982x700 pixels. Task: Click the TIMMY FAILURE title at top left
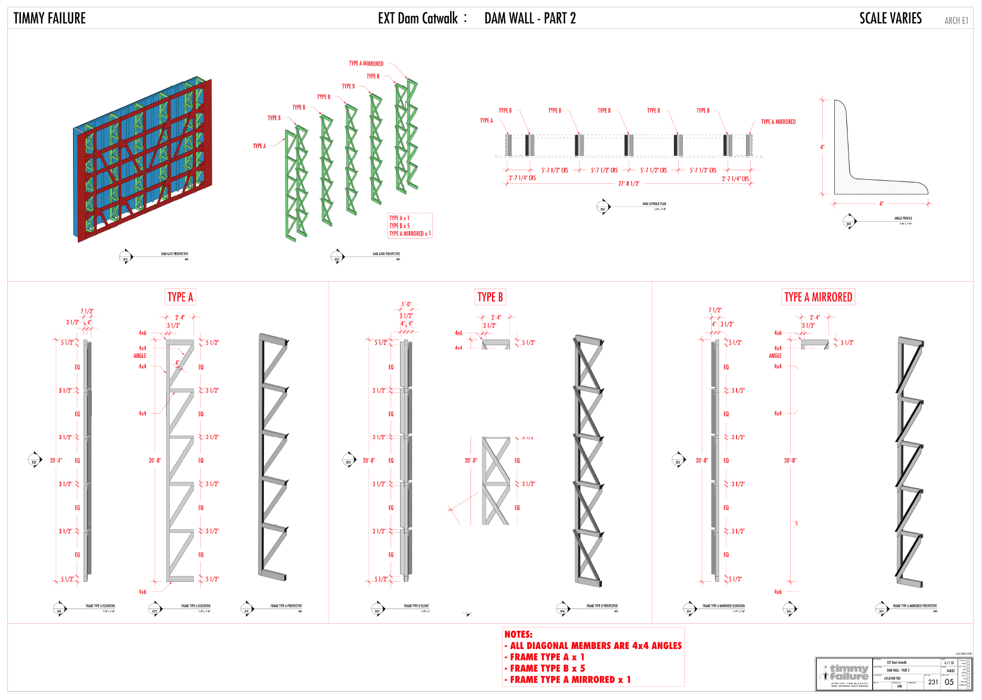click(49, 18)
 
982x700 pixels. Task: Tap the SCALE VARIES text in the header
click(890, 18)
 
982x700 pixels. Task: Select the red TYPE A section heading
click(180, 297)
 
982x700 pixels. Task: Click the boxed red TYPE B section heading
click(490, 297)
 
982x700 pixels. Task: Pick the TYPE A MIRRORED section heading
click(818, 297)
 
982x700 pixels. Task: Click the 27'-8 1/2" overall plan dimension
click(629, 184)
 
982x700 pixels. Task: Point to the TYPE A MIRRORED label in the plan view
click(778, 122)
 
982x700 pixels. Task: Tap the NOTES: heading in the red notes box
click(518, 634)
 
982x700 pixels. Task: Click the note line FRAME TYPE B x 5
click(547, 668)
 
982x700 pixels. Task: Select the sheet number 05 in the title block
click(949, 682)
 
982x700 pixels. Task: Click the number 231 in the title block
click(933, 682)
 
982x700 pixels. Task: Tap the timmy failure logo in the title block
click(845, 673)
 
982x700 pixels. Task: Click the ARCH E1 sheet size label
click(956, 20)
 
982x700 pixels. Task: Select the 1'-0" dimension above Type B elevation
click(406, 304)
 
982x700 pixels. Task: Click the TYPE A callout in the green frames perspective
click(259, 146)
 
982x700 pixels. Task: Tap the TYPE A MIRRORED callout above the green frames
click(366, 64)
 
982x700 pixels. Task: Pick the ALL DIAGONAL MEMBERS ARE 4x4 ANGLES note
click(596, 646)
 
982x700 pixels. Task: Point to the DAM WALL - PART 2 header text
click(530, 18)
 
